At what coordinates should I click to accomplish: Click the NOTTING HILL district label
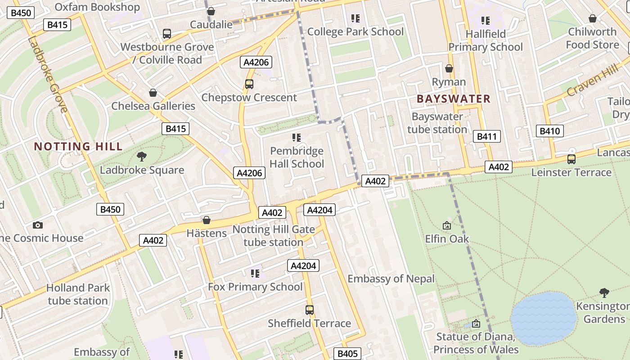point(78,146)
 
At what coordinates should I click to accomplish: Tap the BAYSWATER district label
point(453,99)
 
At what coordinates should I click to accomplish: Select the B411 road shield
point(487,136)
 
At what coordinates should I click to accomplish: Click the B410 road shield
point(550,131)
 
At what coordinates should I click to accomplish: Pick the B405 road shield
point(347,354)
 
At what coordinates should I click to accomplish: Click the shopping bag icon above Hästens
point(207,220)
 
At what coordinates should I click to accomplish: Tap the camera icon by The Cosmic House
point(38,225)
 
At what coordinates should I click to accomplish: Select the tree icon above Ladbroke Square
point(142,157)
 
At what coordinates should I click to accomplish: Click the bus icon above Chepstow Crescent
point(249,84)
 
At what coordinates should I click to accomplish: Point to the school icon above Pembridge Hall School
point(296,138)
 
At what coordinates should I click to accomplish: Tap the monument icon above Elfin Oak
point(447,225)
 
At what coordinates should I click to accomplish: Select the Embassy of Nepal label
point(391,279)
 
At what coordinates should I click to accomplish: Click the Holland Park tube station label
point(77,294)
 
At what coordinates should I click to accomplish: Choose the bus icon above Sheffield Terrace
point(310,310)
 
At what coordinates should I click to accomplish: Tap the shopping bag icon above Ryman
point(449,68)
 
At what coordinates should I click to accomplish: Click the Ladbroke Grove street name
point(48,74)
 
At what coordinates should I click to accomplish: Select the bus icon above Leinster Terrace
point(571,159)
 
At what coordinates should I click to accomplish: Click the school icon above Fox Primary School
point(255,273)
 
